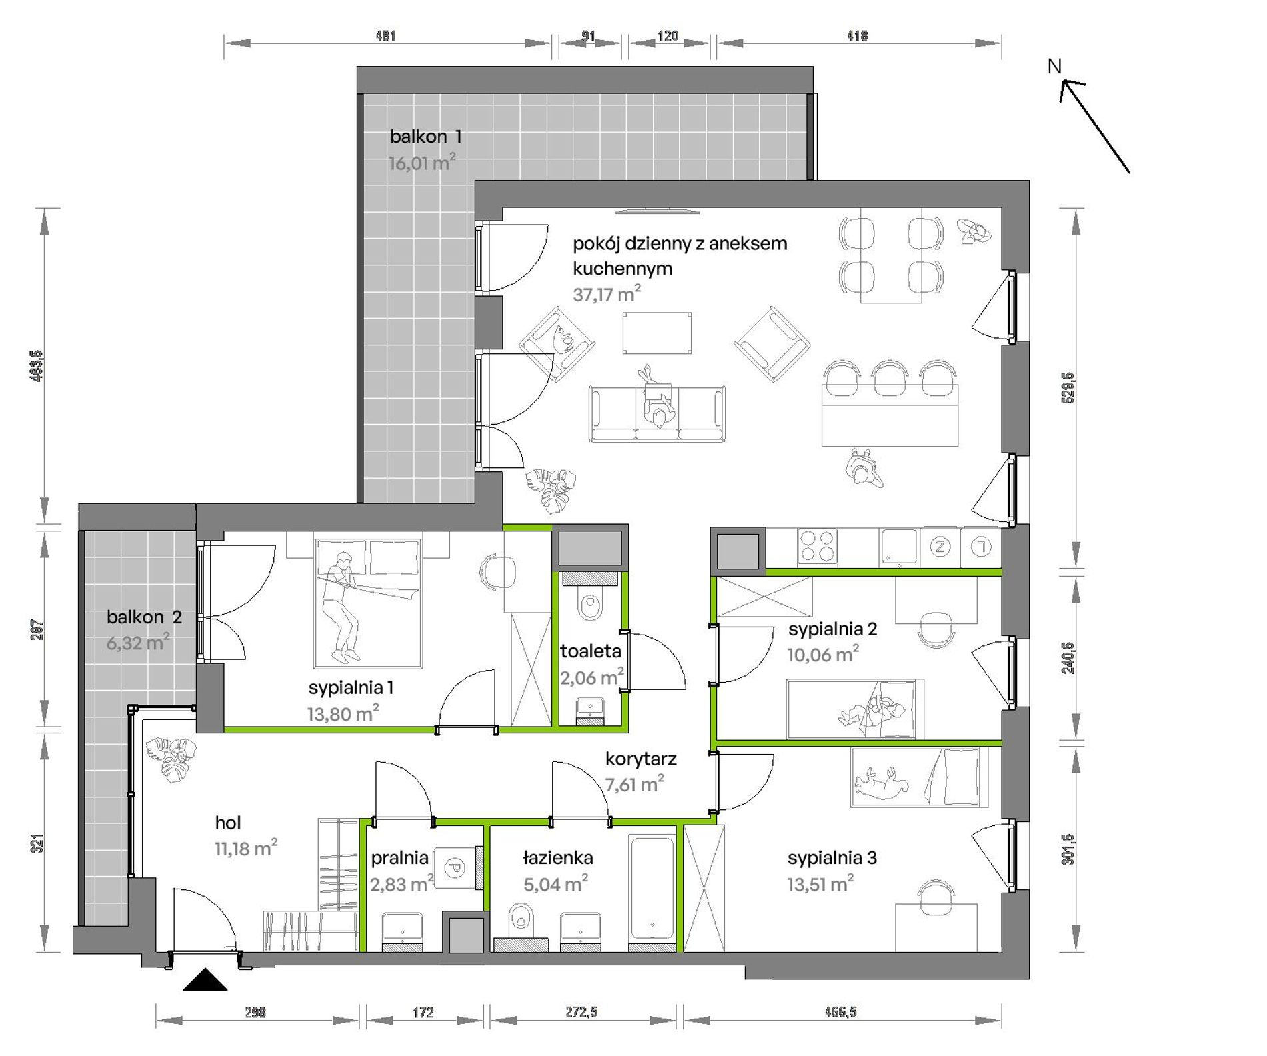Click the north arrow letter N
click(1054, 67)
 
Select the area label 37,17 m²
click(607, 293)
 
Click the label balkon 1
click(425, 137)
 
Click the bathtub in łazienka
click(652, 892)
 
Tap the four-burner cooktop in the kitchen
click(818, 547)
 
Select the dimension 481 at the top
click(385, 36)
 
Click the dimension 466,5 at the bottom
click(840, 1012)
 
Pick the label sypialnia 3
click(832, 858)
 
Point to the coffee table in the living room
click(657, 333)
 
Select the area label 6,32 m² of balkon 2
click(138, 643)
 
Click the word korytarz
click(641, 759)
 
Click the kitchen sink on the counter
click(900, 547)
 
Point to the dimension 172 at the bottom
click(423, 1013)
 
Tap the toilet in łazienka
click(520, 923)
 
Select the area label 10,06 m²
click(823, 655)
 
